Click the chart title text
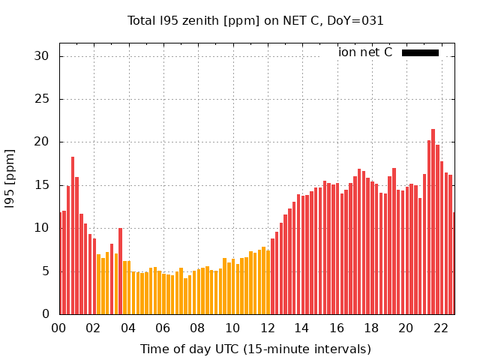tap(255, 20)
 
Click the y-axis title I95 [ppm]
tap(10, 178)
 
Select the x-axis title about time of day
tap(255, 349)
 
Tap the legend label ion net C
tap(365, 52)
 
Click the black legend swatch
tap(420, 52)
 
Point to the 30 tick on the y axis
tap(41, 56)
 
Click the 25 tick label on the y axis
tap(41, 99)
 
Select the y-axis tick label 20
tap(41, 142)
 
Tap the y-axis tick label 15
tap(41, 185)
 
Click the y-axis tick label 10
tap(41, 228)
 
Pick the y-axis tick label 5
tap(44, 271)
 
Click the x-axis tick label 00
tap(58, 328)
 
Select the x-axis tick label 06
tap(163, 328)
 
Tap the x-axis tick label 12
tap(267, 328)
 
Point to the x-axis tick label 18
tap(371, 328)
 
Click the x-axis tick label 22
tap(441, 328)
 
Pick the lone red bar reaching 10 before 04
tap(120, 271)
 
